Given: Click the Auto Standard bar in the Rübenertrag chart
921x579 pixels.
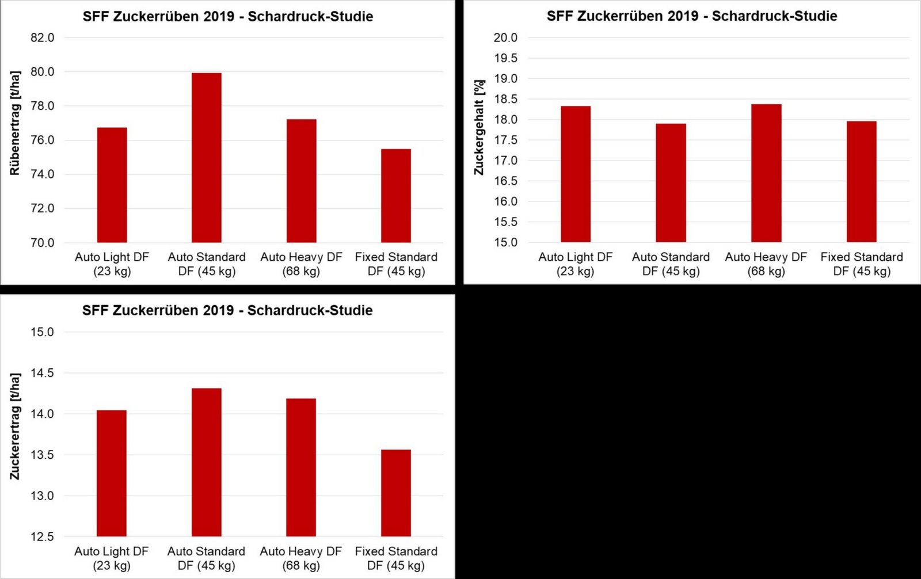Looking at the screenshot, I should point(207,158).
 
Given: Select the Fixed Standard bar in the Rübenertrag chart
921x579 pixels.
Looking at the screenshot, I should point(396,196).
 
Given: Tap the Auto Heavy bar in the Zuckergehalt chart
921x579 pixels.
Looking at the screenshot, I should point(766,173).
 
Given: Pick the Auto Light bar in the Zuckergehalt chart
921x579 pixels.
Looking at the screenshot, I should point(576,174).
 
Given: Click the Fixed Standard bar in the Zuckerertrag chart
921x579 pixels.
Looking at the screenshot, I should point(396,493).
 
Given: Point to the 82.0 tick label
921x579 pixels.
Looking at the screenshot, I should point(42,38).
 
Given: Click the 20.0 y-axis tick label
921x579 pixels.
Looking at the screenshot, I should point(505,38).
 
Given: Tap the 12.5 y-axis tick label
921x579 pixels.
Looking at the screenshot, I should point(42,537).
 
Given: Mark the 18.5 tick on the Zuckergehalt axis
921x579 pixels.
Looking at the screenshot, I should point(505,99).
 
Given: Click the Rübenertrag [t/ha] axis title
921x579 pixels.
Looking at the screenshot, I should point(15,123).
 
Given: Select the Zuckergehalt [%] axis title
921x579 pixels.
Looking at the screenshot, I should point(479,127).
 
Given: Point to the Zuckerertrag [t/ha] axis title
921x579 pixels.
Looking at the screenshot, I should point(15,426).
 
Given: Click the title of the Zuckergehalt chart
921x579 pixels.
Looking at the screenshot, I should point(692,16).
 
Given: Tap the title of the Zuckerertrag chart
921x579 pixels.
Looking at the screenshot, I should point(227,311).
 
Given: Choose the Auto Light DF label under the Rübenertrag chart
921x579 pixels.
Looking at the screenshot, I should point(112,264).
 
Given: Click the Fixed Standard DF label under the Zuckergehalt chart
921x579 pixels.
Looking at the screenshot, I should point(862,264).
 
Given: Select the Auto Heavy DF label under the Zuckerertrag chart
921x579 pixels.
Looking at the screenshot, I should point(301,558).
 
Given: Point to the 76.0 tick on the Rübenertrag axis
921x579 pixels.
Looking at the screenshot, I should point(42,140).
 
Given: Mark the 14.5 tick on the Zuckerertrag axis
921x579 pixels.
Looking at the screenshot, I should point(42,373).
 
